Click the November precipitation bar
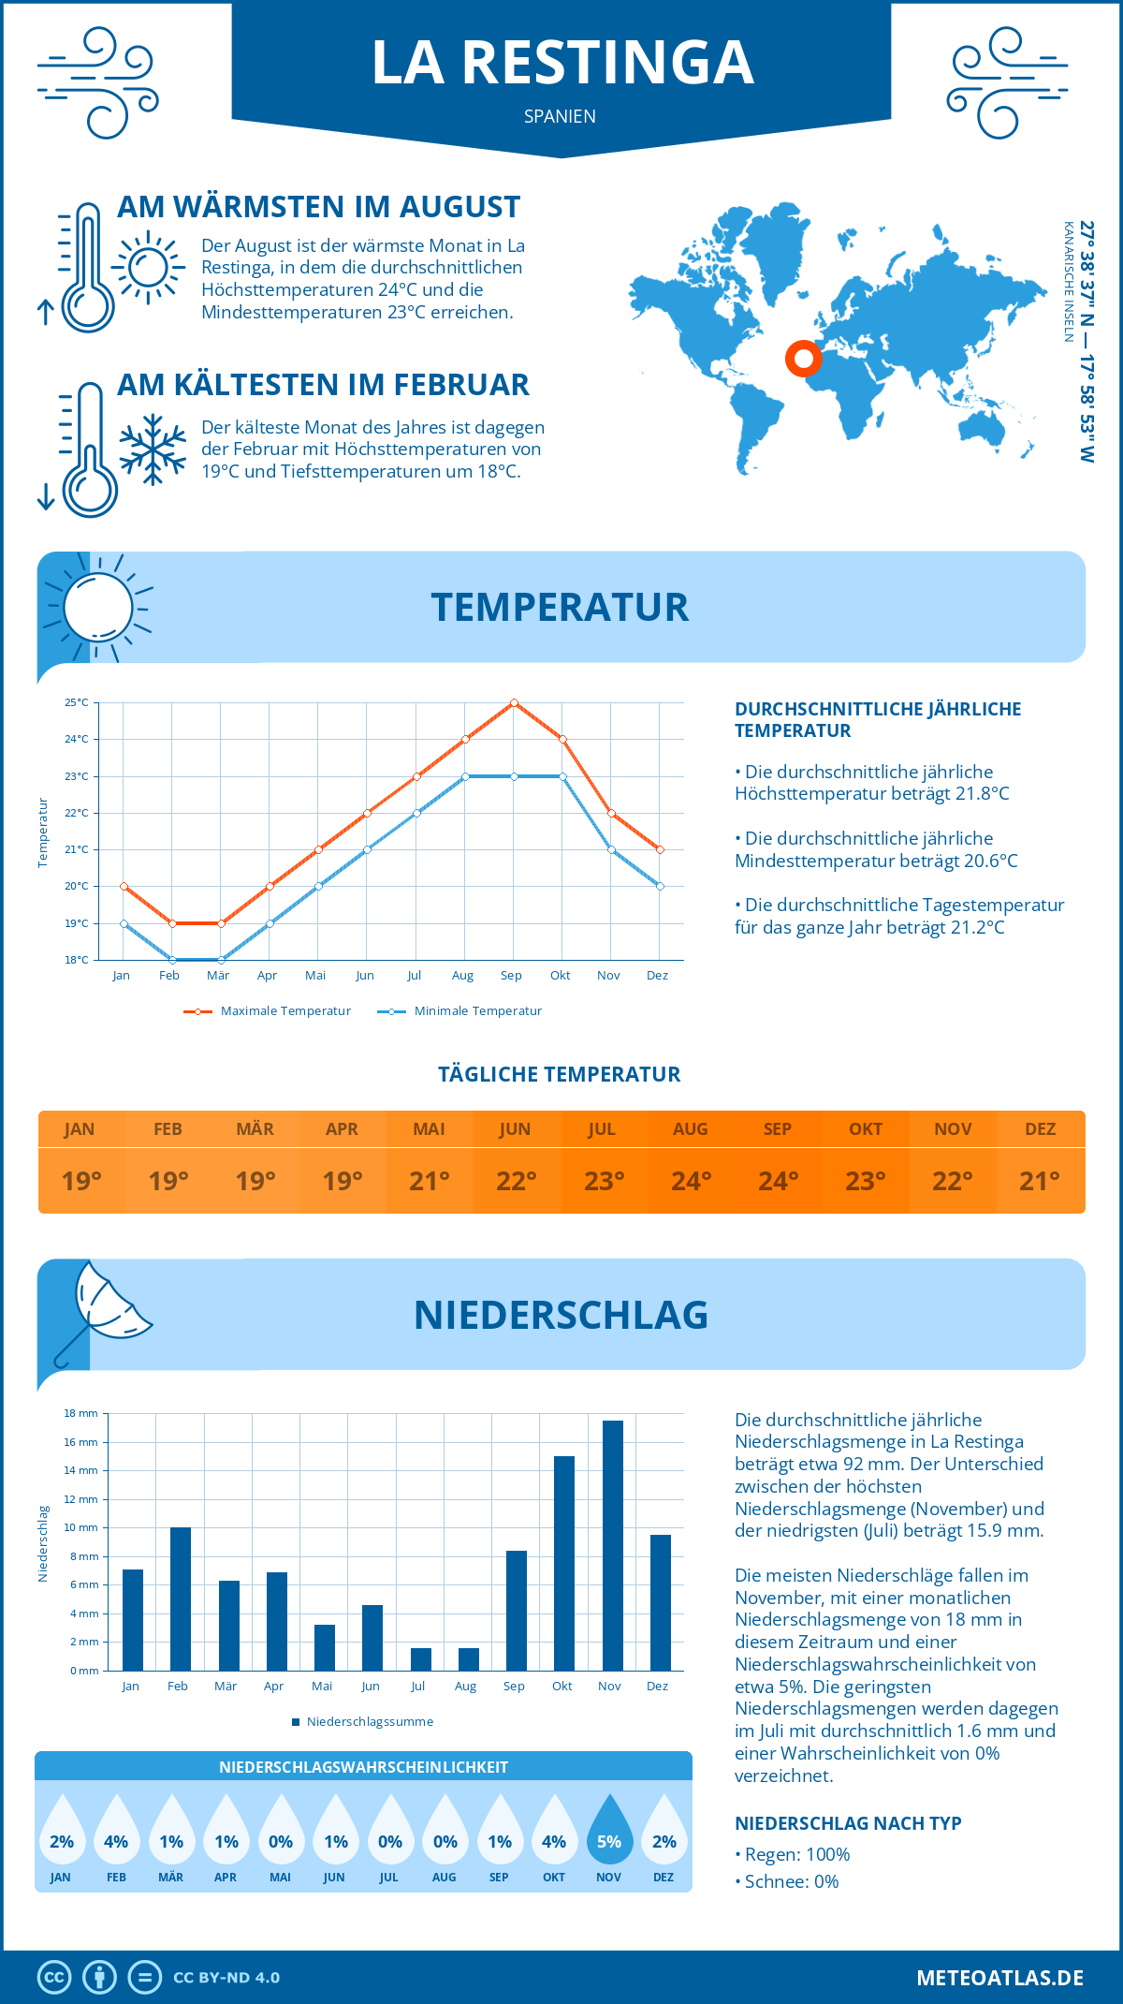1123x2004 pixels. pos(612,1545)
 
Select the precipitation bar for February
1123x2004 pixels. pos(180,1599)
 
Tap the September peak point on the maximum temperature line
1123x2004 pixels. pos(514,702)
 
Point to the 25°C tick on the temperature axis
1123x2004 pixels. pos(77,702)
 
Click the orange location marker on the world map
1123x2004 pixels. pos(802,358)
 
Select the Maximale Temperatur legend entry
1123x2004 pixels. pos(268,1011)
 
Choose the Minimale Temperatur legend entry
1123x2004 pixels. pos(460,1011)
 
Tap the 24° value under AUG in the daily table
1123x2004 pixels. pos(691,1181)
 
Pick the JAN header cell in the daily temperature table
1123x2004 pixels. pos(80,1129)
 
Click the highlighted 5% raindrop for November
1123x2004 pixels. pos(609,1831)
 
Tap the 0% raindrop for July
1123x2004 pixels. pos(390,1831)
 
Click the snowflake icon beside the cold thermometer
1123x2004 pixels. pos(153,449)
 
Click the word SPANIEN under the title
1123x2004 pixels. pos(560,116)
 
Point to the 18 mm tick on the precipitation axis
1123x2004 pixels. pos(81,1413)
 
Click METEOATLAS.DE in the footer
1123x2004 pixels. pos(999,1978)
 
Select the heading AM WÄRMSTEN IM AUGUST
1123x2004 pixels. pos(318,207)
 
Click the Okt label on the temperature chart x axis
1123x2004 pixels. pos(560,976)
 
